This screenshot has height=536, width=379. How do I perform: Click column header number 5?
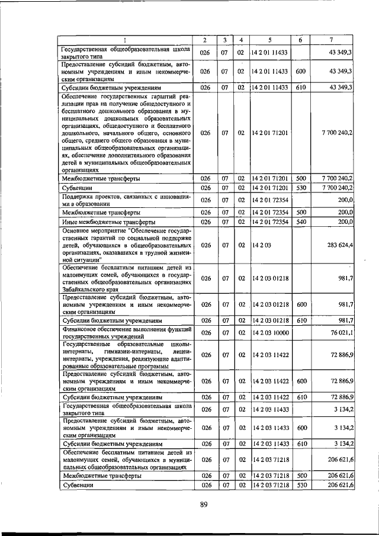269,40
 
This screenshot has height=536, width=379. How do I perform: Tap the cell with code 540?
300,222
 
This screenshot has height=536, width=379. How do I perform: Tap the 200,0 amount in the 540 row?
346,222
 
